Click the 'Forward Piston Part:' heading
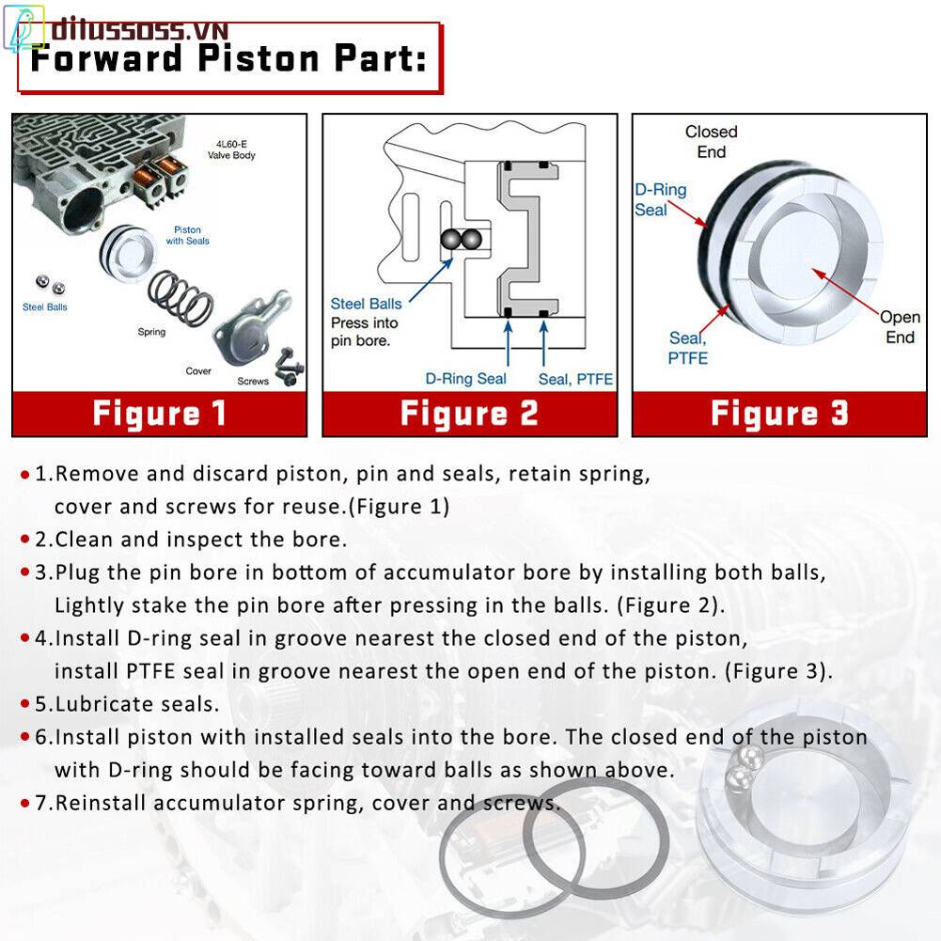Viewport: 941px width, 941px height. pyautogui.click(x=228, y=58)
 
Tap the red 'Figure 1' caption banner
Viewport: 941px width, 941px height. pyautogui.click(x=159, y=414)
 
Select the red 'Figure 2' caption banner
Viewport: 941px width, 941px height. pyautogui.click(x=469, y=414)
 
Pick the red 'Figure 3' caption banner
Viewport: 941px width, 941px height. pyautogui.click(x=779, y=414)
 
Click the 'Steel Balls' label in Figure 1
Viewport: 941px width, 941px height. pyautogui.click(x=45, y=307)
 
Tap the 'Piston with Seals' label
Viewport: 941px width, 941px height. pyautogui.click(x=187, y=235)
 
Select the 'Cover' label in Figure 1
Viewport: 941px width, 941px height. pyautogui.click(x=198, y=371)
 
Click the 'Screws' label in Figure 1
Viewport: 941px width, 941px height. pyautogui.click(x=253, y=381)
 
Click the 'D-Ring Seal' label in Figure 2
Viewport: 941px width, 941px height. pyautogui.click(x=465, y=379)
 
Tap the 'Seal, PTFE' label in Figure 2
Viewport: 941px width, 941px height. pyautogui.click(x=575, y=379)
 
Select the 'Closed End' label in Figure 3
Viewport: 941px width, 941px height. pyautogui.click(x=711, y=142)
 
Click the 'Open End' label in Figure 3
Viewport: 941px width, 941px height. pyautogui.click(x=899, y=327)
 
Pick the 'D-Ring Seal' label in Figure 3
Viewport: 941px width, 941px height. pyautogui.click(x=660, y=199)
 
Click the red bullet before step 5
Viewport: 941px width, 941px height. pyautogui.click(x=25, y=703)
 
